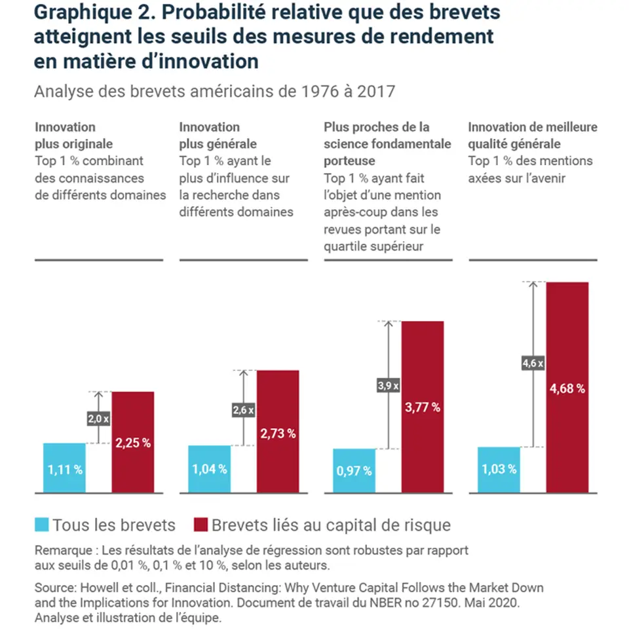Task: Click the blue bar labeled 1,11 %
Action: coord(64,468)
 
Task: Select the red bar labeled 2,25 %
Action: coord(133,442)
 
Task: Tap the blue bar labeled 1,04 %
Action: coord(209,469)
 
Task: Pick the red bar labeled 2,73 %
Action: coord(278,432)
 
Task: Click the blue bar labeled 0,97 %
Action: coord(354,471)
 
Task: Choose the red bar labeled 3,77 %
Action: coord(423,407)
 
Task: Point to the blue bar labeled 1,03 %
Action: coord(499,470)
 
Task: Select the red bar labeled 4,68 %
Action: coord(567,387)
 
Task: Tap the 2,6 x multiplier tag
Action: coord(243,411)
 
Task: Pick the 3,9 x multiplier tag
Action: coord(389,386)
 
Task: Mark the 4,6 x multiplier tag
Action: coord(533,362)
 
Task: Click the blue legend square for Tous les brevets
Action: coord(42,525)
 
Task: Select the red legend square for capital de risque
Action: coord(200,525)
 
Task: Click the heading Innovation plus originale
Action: coord(73,135)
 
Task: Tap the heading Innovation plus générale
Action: coord(218,135)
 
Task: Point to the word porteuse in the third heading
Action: coord(349,161)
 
